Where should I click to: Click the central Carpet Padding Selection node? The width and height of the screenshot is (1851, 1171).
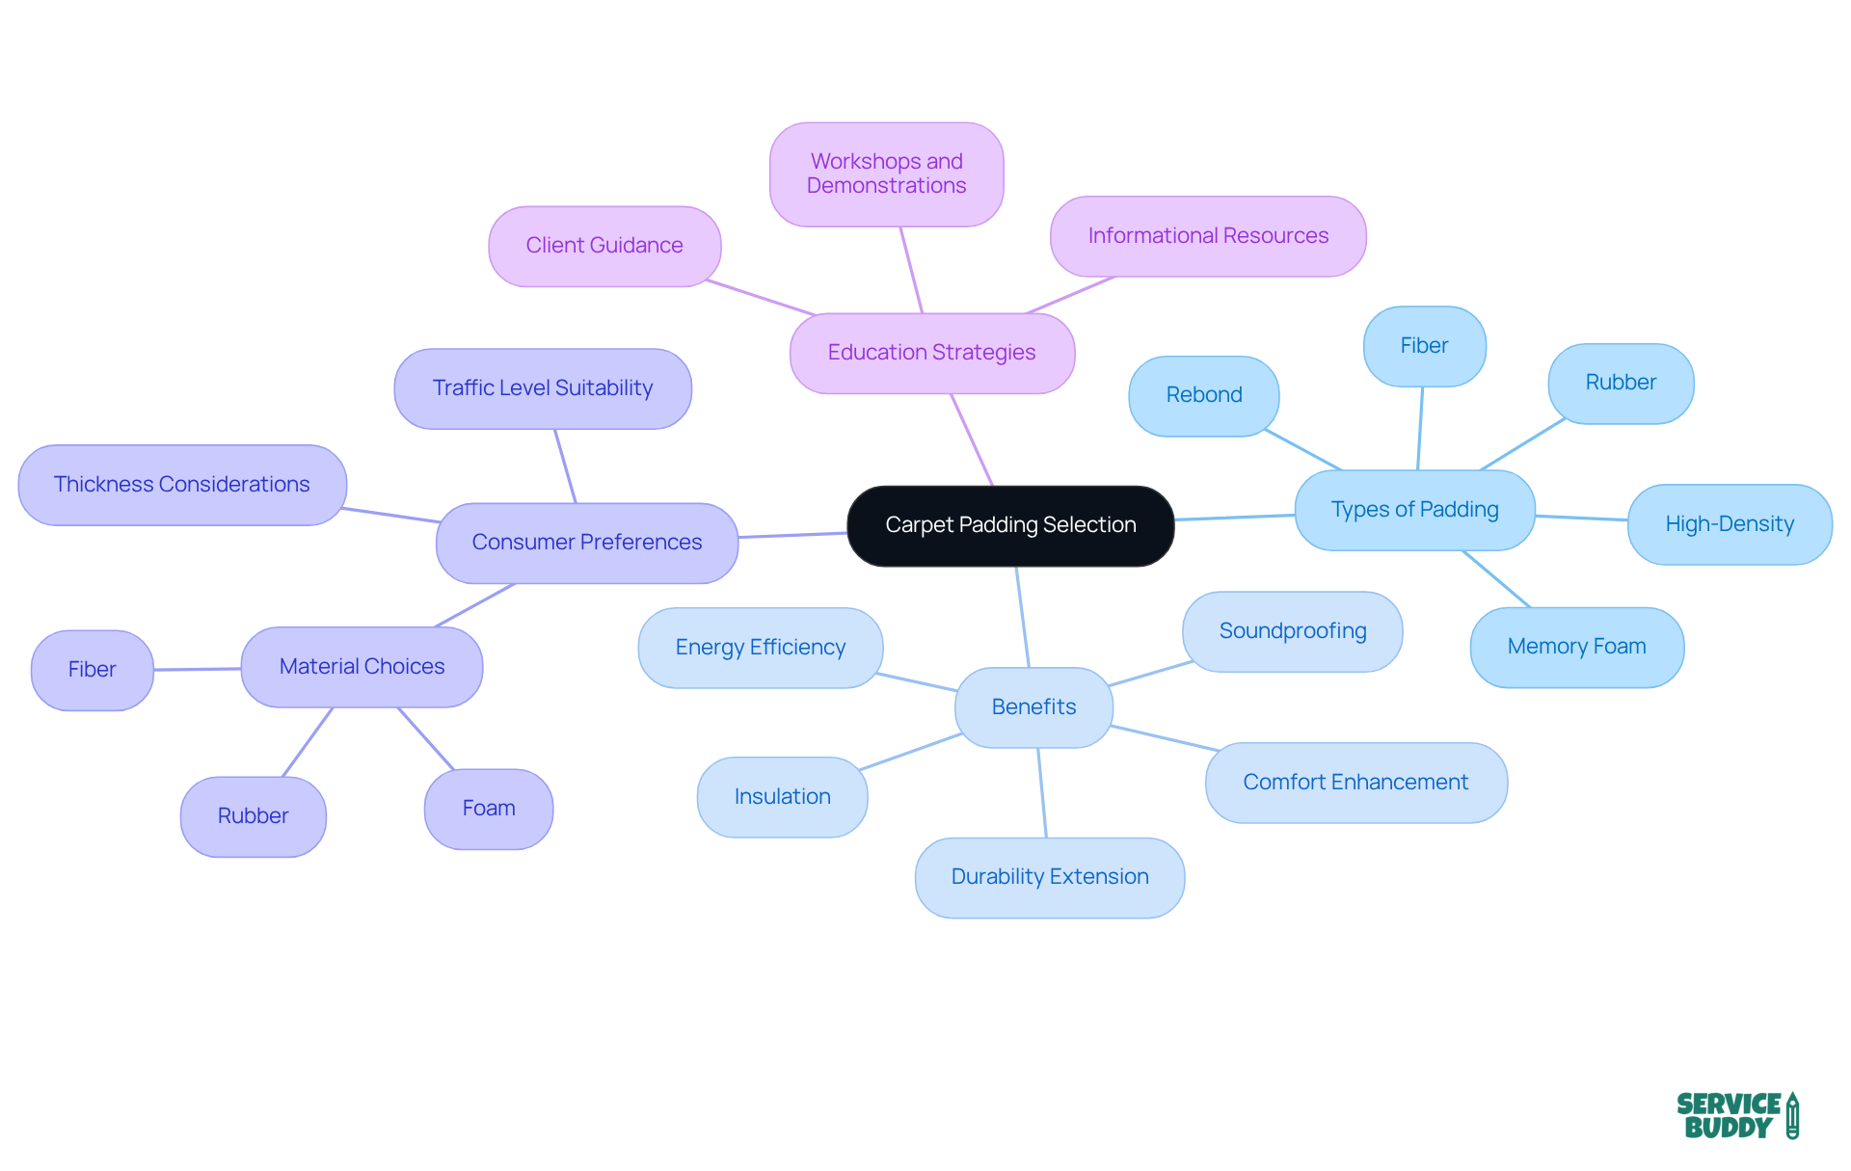pos(1010,525)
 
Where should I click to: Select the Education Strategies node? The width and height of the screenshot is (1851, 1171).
pos(931,353)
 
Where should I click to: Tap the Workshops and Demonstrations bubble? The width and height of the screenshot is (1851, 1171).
pos(886,173)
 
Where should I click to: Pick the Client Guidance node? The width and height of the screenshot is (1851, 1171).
pos(604,246)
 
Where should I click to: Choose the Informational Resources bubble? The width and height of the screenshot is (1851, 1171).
pos(1207,236)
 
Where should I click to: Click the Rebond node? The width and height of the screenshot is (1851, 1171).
pos(1203,395)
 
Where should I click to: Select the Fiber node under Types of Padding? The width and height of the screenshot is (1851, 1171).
pos(1424,346)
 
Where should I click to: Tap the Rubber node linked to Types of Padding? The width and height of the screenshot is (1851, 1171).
pos(1621,383)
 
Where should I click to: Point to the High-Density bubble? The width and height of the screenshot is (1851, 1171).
pos(1730,524)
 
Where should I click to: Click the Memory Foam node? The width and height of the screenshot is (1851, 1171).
pos(1576,647)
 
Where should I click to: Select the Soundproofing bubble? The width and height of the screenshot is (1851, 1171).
pos(1292,631)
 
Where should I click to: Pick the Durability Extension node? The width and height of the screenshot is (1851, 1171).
pos(1049,877)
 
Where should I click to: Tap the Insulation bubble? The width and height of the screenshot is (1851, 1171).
pos(782,797)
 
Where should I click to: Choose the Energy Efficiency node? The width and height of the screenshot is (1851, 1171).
pos(760,648)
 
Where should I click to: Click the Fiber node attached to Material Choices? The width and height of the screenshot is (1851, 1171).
pos(92,670)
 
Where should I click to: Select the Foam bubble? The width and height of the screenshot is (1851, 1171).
pos(489,809)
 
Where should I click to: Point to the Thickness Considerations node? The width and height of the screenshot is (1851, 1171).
pos(181,485)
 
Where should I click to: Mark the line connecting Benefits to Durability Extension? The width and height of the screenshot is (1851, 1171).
pos(1042,792)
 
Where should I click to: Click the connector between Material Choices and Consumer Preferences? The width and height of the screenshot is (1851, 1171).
pos(474,605)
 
